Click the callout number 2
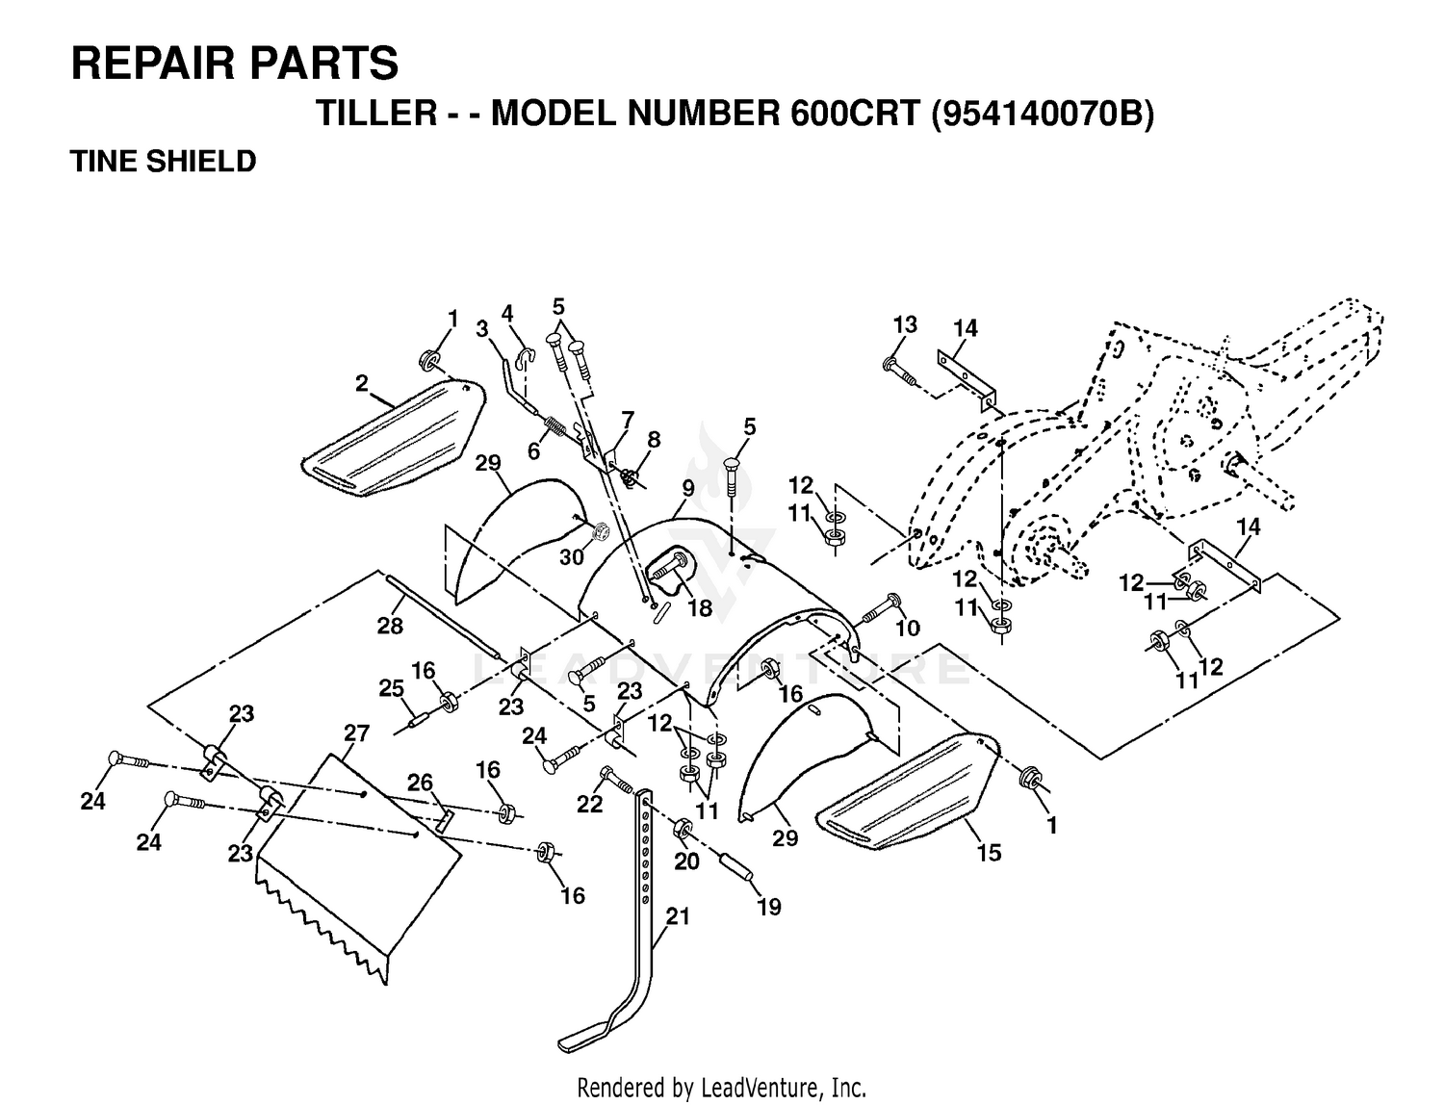pyautogui.click(x=361, y=383)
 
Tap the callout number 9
pyautogui.click(x=688, y=489)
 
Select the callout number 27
pyautogui.click(x=356, y=733)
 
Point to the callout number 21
pyautogui.click(x=678, y=916)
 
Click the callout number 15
pyautogui.click(x=989, y=853)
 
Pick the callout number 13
pyautogui.click(x=905, y=324)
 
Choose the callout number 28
pyautogui.click(x=390, y=626)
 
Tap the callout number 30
pyautogui.click(x=572, y=557)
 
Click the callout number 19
pyautogui.click(x=768, y=907)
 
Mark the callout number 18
pyautogui.click(x=700, y=608)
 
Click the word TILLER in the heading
pyautogui.click(x=377, y=114)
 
